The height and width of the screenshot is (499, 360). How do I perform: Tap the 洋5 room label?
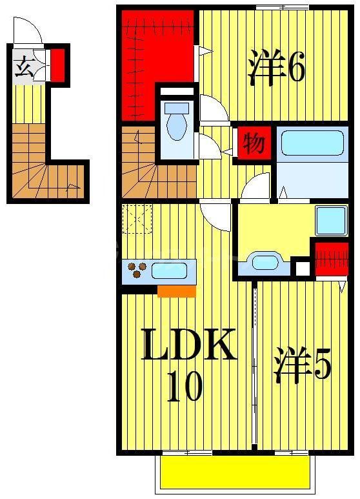tap(303, 365)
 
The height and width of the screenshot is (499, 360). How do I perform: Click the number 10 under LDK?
tap(186, 387)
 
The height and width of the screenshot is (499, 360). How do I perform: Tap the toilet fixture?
tap(176, 121)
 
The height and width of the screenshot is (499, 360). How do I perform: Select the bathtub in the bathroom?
tap(312, 143)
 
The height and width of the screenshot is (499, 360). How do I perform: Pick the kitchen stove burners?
tap(137, 270)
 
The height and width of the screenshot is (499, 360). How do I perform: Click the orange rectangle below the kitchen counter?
tap(176, 291)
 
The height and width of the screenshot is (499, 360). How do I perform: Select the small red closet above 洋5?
tap(331, 260)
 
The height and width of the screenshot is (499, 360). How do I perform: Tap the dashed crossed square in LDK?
tap(137, 218)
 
